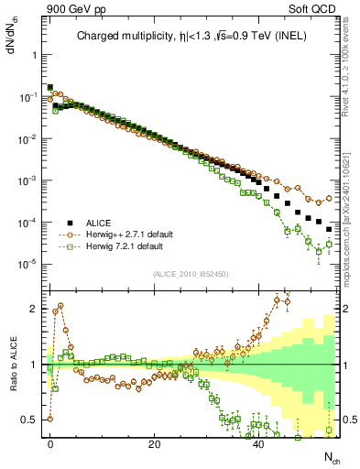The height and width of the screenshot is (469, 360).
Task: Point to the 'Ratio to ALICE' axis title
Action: tap(12, 363)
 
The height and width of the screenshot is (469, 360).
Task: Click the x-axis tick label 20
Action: tap(155, 443)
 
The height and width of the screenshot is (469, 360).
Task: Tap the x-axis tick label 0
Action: tap(50, 443)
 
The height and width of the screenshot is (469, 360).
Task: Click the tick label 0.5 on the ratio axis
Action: tap(29, 420)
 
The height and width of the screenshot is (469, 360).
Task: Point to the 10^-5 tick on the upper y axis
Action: tap(27, 265)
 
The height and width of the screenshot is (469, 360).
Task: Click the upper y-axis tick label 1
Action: tap(33, 54)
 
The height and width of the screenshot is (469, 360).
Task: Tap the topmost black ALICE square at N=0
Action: tap(50, 88)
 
